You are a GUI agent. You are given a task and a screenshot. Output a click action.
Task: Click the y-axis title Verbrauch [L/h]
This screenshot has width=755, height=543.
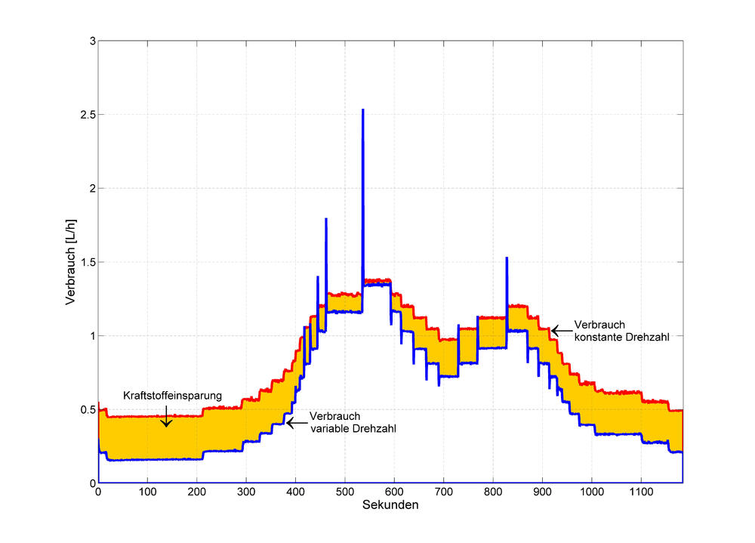[70, 261]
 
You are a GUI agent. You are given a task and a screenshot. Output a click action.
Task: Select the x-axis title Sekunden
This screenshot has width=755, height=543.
[390, 505]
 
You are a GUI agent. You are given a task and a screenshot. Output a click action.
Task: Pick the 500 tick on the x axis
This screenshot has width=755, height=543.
[345, 492]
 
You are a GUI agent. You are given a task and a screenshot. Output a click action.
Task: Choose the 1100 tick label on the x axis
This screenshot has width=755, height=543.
[641, 492]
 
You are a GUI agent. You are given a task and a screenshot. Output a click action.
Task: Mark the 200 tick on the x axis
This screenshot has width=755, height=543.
[197, 492]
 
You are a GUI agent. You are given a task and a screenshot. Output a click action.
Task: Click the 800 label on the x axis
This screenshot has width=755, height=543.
[493, 492]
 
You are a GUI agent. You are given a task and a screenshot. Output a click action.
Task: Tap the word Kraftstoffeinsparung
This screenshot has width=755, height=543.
[172, 395]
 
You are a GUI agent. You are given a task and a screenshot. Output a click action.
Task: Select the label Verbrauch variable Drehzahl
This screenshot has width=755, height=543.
[353, 422]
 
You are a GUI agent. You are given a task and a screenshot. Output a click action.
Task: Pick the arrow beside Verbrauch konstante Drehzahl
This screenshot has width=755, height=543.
[559, 330]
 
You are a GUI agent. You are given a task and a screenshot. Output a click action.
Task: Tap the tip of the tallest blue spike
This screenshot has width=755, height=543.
[363, 110]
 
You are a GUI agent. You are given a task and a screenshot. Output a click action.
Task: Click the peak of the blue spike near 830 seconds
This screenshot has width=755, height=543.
[507, 258]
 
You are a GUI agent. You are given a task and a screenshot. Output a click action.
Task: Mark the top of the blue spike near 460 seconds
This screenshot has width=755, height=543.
[326, 219]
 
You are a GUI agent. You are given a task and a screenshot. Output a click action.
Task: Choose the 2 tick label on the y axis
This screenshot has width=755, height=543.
[91, 188]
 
